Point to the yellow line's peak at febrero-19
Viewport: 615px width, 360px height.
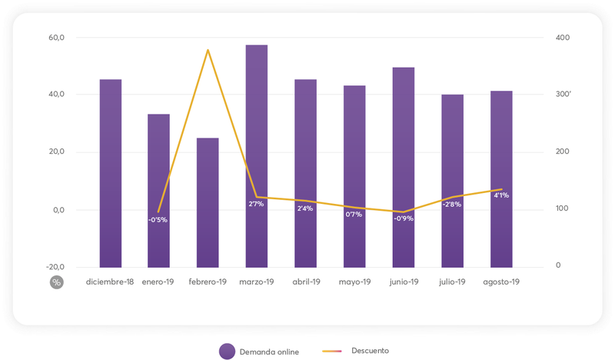(x=208, y=50)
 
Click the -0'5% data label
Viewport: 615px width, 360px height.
(x=158, y=220)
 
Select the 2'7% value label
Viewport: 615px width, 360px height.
(x=257, y=204)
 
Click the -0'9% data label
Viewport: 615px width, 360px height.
(x=403, y=218)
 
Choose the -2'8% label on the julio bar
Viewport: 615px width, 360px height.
(x=451, y=205)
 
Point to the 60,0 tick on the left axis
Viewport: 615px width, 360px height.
(x=57, y=38)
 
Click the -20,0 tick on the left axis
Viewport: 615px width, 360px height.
(x=55, y=266)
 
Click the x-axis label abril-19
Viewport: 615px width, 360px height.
(x=305, y=282)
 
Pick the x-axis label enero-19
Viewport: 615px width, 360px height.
(x=159, y=282)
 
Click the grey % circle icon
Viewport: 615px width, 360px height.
(x=56, y=282)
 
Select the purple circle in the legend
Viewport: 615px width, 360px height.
(x=226, y=351)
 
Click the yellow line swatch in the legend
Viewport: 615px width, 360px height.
(x=334, y=351)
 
